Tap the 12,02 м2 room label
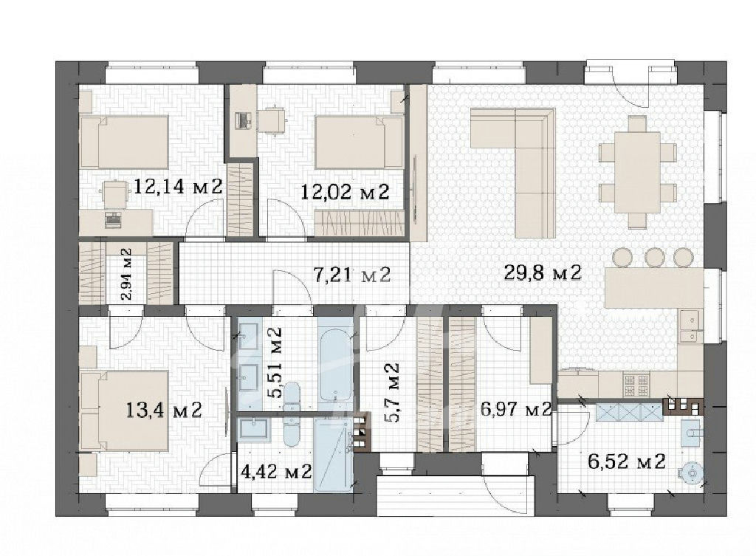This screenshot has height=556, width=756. (x=345, y=193)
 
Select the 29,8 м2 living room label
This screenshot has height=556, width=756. (x=543, y=273)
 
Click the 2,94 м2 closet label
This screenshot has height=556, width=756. (x=126, y=274)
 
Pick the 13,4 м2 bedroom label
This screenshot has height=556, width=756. (x=163, y=411)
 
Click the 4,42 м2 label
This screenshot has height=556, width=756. (x=276, y=471)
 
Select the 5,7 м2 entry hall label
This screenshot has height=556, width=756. (x=391, y=393)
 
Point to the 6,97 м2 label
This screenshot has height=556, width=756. (x=516, y=410)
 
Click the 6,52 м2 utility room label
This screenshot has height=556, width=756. (x=627, y=461)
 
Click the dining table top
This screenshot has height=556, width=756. (x=630, y=172)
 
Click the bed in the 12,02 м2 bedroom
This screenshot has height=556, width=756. (x=360, y=143)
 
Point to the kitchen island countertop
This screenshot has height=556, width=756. (x=654, y=289)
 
